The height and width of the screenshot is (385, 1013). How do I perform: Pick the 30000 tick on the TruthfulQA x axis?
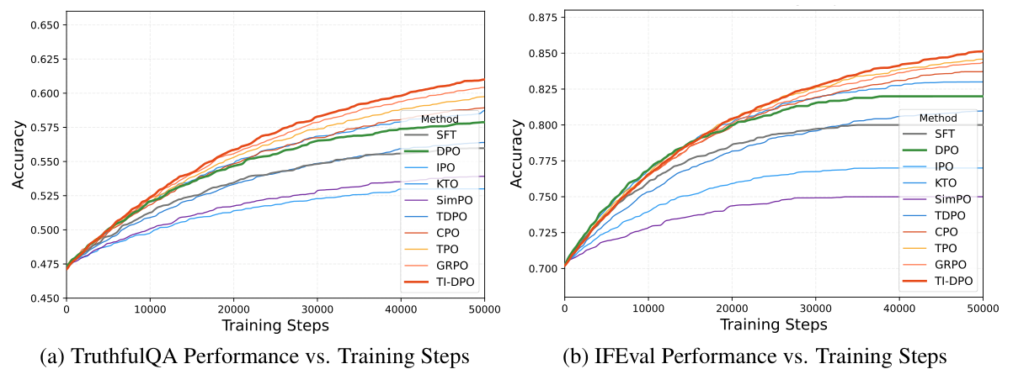pyautogui.click(x=317, y=309)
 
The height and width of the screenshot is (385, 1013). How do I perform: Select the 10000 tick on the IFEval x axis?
pyautogui.click(x=648, y=309)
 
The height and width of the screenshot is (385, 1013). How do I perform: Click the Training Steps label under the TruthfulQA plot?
pyautogui.click(x=275, y=324)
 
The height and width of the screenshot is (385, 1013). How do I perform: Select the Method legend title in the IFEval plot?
pyautogui.click(x=938, y=119)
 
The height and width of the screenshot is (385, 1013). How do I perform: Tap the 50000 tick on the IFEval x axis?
pyautogui.click(x=982, y=309)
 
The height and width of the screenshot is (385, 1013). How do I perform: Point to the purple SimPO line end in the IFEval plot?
pyautogui.click(x=982, y=197)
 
